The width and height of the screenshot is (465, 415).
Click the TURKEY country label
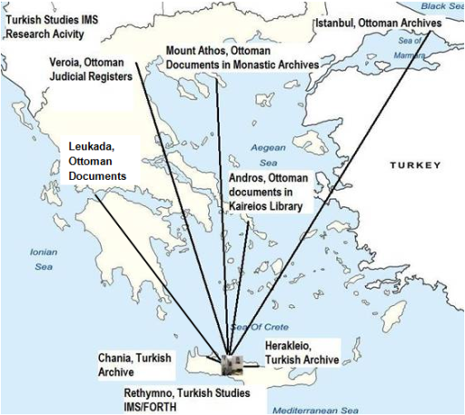[x=415, y=165]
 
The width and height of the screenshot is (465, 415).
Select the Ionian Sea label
[x=44, y=259]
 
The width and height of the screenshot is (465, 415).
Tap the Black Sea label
[x=447, y=5]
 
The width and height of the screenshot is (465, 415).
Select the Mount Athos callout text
[x=242, y=57]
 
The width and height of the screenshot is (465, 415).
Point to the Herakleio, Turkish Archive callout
[x=302, y=352]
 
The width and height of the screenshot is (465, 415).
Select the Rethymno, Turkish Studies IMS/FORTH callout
[x=185, y=400]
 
